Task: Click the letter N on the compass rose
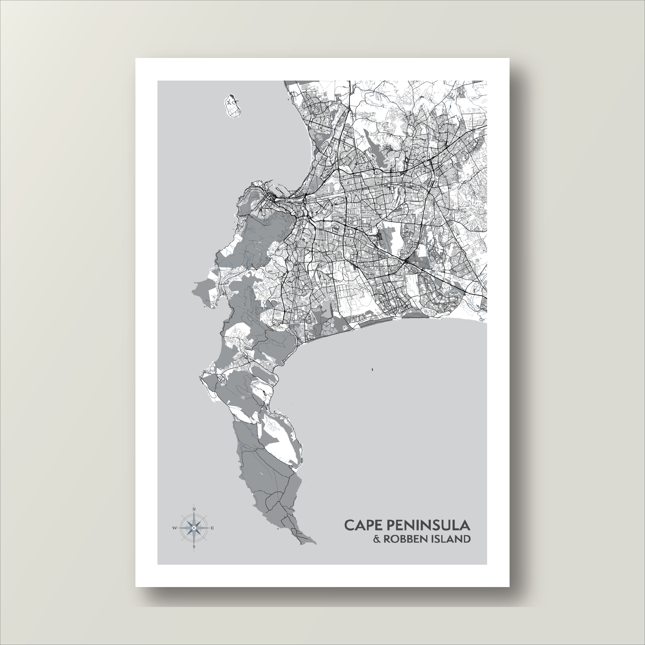(194, 510)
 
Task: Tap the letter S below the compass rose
(194, 547)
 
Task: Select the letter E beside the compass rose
(213, 528)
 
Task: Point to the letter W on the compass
(174, 528)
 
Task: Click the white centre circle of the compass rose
(194, 528)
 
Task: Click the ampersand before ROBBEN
(377, 539)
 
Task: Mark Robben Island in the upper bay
(232, 106)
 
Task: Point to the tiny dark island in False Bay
(372, 369)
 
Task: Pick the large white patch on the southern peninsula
(282, 441)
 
